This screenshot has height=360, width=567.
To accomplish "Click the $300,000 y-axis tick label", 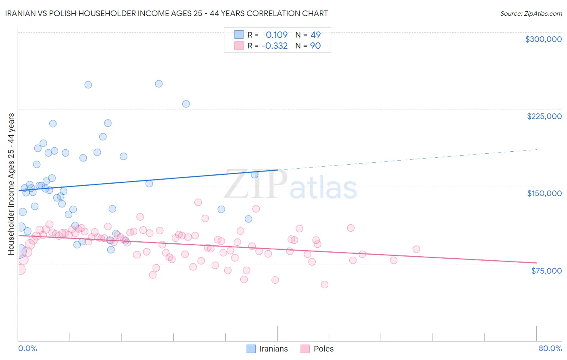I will (543, 39).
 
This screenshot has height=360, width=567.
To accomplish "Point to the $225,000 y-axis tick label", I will (544, 116).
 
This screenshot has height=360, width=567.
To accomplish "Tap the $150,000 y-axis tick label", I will (544, 193).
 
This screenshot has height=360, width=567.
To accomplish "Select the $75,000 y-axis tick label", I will (546, 271).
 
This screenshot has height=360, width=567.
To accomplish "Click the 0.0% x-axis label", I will (27, 348).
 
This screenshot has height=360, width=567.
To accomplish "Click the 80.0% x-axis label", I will (550, 348).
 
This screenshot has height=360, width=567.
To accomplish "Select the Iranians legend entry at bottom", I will (267, 349).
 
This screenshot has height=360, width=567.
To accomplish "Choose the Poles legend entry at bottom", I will (317, 349).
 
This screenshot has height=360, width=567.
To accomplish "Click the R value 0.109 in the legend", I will (276, 35).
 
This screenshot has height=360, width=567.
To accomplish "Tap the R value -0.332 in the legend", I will (275, 46).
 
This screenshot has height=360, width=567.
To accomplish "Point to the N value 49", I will (315, 35).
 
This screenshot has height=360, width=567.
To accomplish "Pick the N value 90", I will (315, 46).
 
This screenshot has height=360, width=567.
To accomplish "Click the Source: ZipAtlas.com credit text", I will (531, 13).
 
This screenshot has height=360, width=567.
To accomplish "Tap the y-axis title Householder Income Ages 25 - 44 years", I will (11, 184).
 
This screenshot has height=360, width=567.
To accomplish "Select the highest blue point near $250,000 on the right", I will (159, 84).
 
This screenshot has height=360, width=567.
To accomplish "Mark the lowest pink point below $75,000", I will (325, 285).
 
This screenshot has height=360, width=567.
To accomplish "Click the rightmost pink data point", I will (417, 249).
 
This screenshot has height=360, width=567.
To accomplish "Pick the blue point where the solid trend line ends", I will (254, 175).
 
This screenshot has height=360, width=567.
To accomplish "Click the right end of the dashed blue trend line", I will (537, 149).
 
